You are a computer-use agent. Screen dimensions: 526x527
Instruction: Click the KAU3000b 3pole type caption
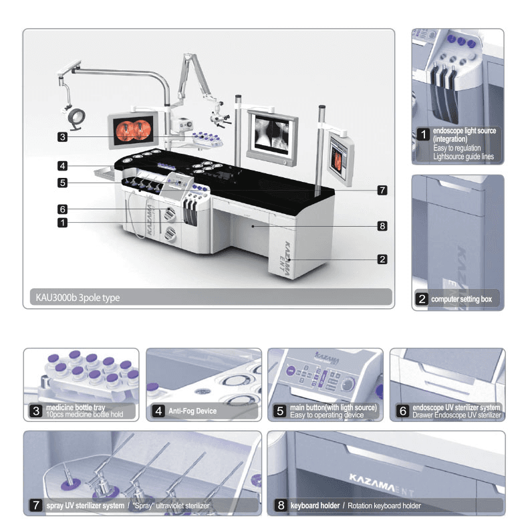point(78,298)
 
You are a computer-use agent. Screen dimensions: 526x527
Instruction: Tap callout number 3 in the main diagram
point(62,137)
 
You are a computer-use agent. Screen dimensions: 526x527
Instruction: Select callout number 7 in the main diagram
point(382,190)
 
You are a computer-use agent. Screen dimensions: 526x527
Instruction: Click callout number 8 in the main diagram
point(382,226)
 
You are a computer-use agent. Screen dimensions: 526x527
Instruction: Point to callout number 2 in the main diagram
point(382,259)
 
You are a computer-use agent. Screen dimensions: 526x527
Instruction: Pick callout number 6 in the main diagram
point(62,209)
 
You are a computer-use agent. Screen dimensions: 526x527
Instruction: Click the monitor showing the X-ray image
point(273,138)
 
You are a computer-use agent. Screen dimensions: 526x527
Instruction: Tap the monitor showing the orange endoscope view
point(134,130)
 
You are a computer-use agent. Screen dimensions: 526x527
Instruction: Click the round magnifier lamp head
point(77,116)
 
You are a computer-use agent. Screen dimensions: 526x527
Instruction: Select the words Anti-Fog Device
point(192,411)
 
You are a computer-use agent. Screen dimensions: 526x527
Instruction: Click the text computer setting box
point(462,299)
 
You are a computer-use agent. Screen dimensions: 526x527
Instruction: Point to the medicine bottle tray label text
point(76,407)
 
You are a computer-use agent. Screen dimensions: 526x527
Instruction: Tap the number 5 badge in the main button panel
point(280,411)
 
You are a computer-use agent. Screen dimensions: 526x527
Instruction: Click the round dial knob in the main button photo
point(348,383)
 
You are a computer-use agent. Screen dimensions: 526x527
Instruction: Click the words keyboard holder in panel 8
point(315,506)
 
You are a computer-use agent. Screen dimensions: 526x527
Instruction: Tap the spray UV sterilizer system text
point(86,506)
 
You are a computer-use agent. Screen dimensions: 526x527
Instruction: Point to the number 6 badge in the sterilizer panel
point(402,411)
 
